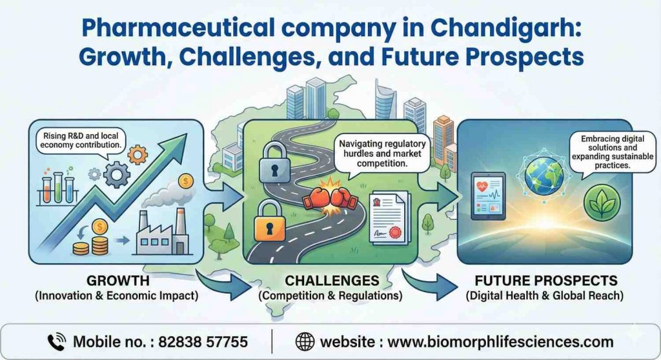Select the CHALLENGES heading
pyautogui.click(x=330, y=281)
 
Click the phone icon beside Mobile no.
pyautogui.click(x=57, y=341)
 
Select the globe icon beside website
pyautogui.click(x=305, y=341)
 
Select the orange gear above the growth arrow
pyautogui.click(x=138, y=155)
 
